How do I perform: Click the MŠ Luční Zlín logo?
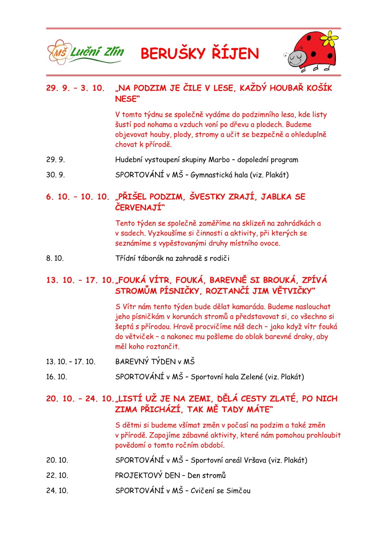pos(86,52)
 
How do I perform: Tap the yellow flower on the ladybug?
pos(329,39)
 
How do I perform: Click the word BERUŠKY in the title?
pos(173,53)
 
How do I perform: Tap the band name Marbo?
pos(219,160)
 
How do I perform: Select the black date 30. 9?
pos(56,175)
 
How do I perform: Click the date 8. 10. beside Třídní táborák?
pos(55,258)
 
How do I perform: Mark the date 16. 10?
pos(56,377)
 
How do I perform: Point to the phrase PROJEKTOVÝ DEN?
pos(147,475)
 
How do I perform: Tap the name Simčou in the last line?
pos(238,490)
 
